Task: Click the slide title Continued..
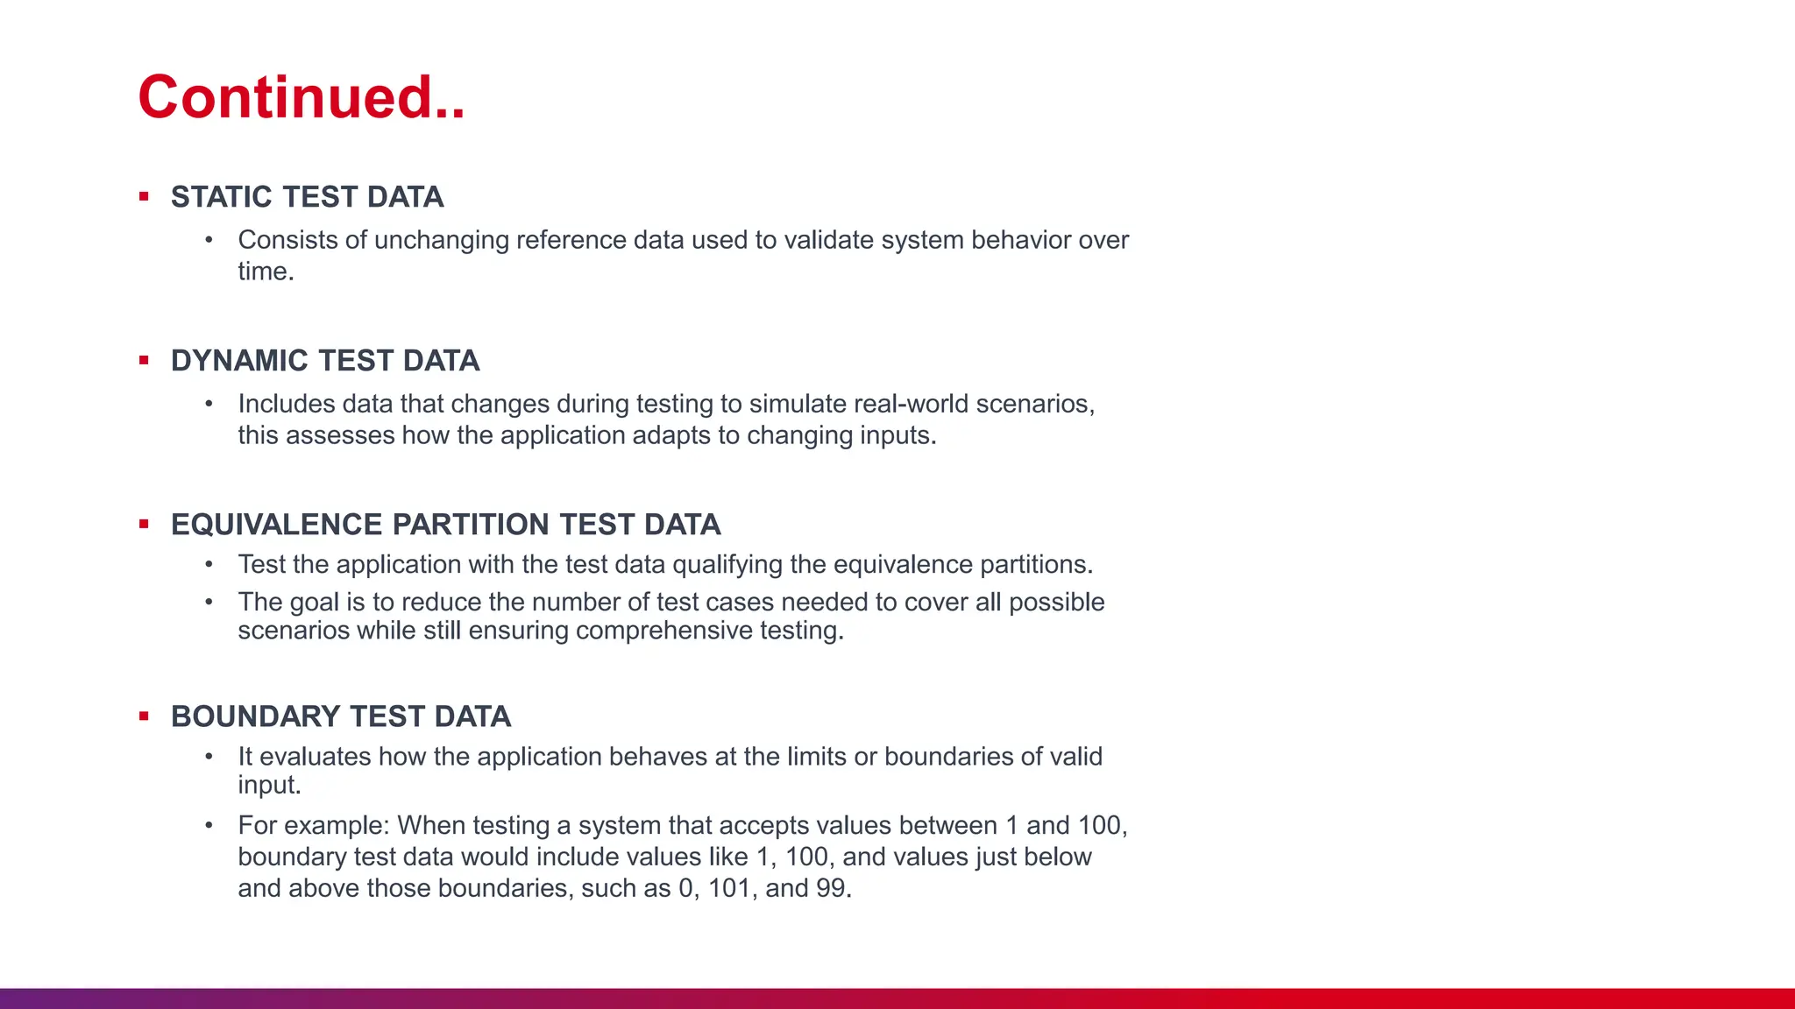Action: coord(301,96)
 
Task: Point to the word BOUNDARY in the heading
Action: coord(245,716)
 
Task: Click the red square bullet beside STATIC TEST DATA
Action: coord(144,197)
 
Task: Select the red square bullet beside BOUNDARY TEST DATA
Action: coord(144,716)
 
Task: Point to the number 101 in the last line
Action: coord(729,888)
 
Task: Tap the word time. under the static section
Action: coord(266,272)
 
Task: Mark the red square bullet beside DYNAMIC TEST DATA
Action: coord(144,361)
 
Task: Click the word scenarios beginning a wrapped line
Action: coord(294,631)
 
